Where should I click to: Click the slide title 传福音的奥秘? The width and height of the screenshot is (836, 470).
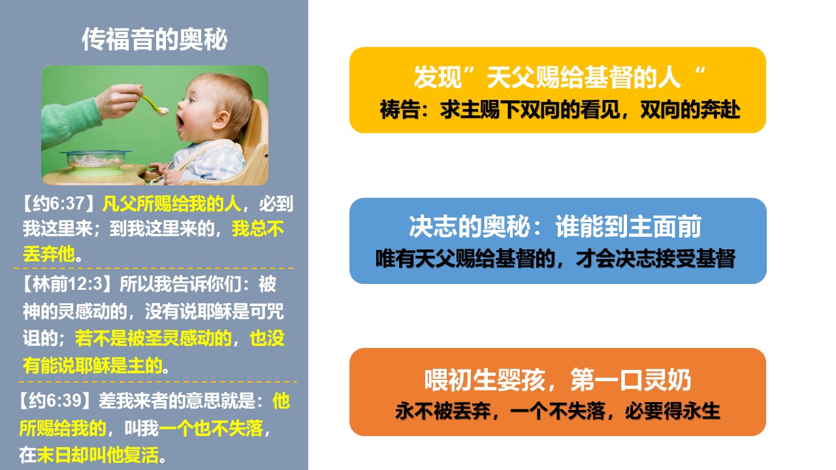point(155,39)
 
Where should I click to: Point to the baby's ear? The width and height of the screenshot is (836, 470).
point(221,121)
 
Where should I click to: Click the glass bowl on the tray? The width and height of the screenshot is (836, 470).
point(95,160)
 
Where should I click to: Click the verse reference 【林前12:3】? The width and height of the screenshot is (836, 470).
point(69,284)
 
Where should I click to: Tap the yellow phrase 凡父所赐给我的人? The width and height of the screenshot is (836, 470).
point(171,204)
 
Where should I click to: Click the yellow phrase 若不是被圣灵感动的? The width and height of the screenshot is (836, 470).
point(153,338)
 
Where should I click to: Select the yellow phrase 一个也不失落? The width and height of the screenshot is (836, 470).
point(211,428)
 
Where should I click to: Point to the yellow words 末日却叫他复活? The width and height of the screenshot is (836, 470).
point(98,455)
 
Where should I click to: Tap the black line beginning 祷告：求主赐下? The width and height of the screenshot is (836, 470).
point(560,110)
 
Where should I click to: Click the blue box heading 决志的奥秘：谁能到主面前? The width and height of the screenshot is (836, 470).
point(555,227)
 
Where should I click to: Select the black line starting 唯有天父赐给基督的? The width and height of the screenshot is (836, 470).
point(555,258)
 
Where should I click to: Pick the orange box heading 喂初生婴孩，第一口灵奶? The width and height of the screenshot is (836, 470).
point(558,380)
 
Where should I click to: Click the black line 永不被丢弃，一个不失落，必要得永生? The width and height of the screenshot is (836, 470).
point(558,411)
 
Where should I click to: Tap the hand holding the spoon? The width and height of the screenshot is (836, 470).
point(120,100)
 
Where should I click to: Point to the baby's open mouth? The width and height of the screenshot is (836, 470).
point(180,123)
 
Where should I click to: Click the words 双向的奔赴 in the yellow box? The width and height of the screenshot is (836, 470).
point(690,110)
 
